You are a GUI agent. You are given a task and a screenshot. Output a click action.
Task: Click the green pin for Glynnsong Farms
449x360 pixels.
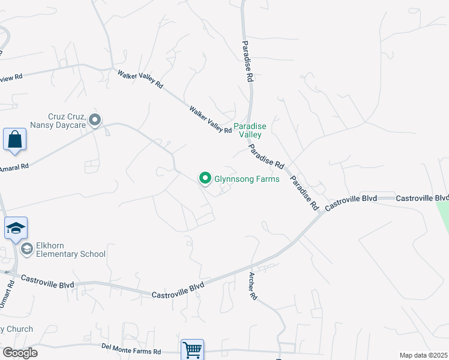click(205, 178)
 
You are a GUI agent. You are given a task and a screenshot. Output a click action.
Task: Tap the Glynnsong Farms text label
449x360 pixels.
click(247, 179)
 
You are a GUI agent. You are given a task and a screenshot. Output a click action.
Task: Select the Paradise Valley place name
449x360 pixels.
click(250, 130)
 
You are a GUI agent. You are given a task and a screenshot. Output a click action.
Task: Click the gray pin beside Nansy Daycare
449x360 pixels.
click(95, 121)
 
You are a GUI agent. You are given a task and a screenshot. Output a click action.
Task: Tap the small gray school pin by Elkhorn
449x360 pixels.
click(26, 248)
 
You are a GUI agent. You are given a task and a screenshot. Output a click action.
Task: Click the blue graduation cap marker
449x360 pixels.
click(16, 229)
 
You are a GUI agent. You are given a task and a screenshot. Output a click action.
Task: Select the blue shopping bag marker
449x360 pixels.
click(15, 140)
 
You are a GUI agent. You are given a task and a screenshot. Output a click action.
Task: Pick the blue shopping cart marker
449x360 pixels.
click(192, 349)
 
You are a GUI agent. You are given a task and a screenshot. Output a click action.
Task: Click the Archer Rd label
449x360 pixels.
click(253, 286)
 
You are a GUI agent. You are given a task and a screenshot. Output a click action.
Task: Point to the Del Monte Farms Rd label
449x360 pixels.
click(131, 347)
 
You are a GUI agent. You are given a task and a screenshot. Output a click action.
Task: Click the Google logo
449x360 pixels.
click(20, 353)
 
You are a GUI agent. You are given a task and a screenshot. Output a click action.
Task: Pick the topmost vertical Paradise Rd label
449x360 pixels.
click(247, 62)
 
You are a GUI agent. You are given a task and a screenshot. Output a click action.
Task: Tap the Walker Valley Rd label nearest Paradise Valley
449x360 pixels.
click(210, 120)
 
